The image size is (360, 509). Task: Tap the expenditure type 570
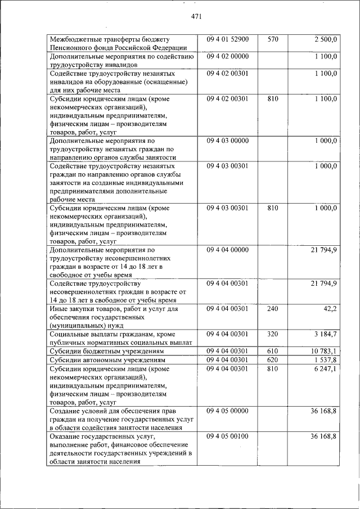point(273,40)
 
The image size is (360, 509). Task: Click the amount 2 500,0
point(326,40)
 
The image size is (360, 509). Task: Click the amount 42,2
point(329,308)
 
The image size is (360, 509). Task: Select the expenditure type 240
point(273,308)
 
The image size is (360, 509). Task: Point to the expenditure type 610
point(273,351)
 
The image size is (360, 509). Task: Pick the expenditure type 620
point(273,359)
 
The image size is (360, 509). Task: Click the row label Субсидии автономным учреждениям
point(108,359)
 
